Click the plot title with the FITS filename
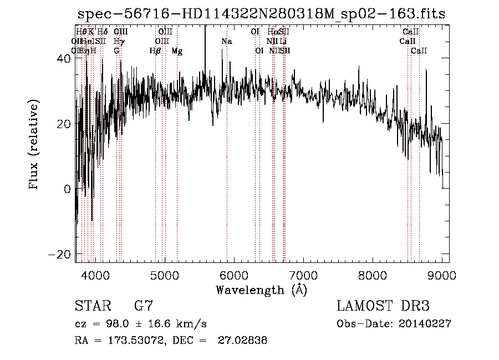tap(261, 14)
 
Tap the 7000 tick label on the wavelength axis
tap(303, 275)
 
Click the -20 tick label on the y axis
tap(60, 254)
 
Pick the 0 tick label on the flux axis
tap(67, 189)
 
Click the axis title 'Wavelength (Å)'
tap(261, 290)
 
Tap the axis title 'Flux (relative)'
tap(34, 145)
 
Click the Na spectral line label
tap(226, 42)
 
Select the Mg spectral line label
tap(177, 51)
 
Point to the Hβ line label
tap(155, 51)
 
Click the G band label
tap(116, 51)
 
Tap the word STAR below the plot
tap(92, 306)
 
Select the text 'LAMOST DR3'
tap(383, 306)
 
